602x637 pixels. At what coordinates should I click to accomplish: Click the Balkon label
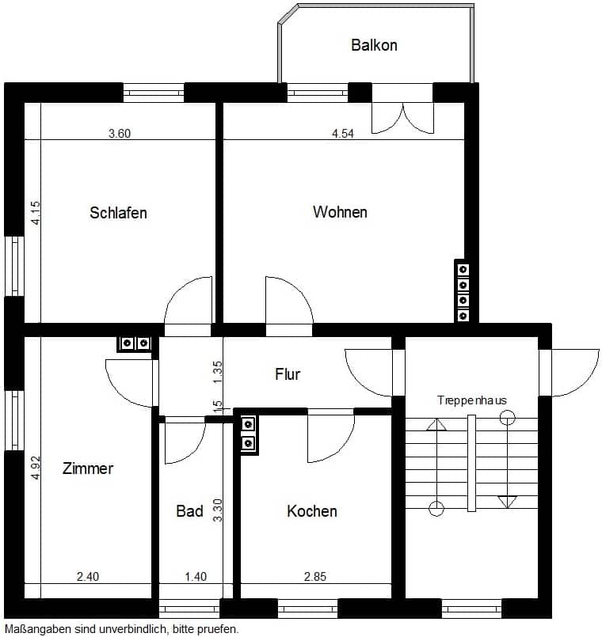click(374, 45)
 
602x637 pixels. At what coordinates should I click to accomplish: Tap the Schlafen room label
click(118, 213)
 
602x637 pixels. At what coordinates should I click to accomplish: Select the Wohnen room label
click(340, 212)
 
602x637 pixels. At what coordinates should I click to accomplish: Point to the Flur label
click(288, 374)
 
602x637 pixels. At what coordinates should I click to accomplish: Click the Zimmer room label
click(88, 468)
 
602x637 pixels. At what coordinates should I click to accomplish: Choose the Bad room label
click(189, 511)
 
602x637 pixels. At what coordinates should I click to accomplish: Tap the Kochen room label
click(312, 511)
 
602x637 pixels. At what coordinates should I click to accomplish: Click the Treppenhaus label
click(472, 400)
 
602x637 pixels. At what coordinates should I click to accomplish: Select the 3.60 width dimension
click(120, 134)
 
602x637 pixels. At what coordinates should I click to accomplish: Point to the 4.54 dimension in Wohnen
click(343, 134)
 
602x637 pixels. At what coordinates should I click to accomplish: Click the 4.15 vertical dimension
click(36, 213)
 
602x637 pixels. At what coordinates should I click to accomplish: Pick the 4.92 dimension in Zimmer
click(36, 468)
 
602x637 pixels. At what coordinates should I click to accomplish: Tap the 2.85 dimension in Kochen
click(315, 577)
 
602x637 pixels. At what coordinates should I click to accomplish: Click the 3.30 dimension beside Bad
click(218, 510)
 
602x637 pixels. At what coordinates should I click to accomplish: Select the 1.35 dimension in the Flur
click(218, 372)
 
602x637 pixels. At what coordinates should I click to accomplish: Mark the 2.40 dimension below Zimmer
click(88, 577)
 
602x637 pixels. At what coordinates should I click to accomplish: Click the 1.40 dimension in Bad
click(196, 577)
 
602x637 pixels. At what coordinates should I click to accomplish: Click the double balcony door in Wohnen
click(402, 118)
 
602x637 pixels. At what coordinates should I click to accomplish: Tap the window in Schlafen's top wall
click(154, 93)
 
